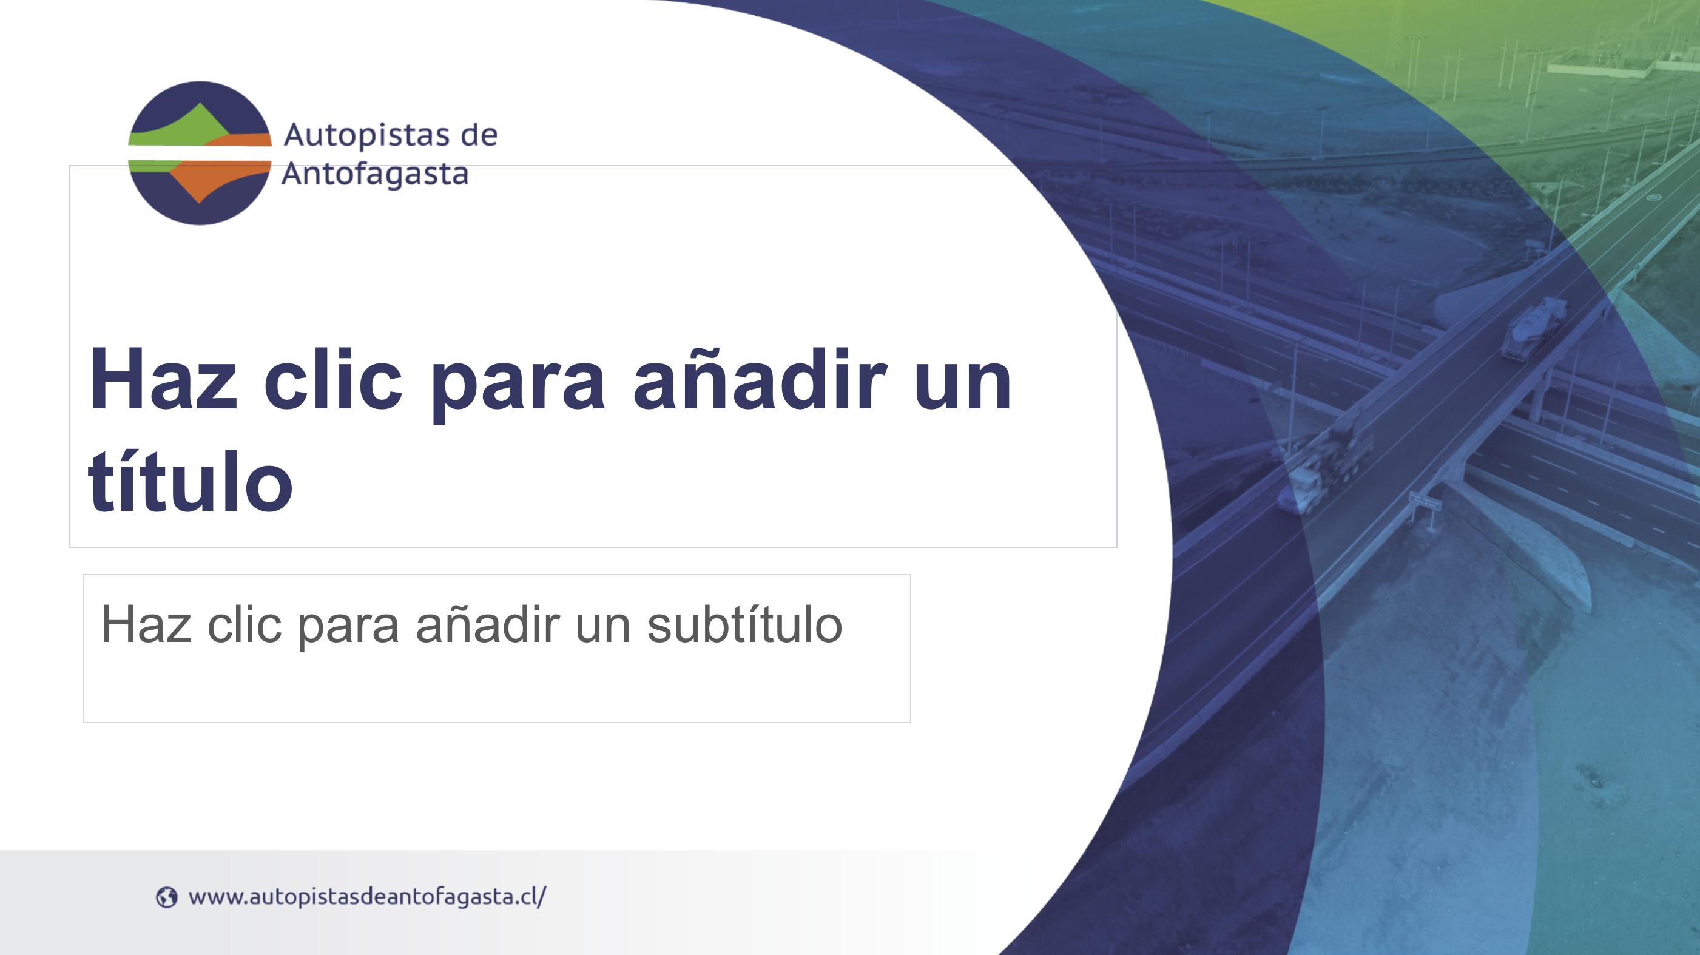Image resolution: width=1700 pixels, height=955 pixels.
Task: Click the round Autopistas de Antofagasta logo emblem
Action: pos(199,153)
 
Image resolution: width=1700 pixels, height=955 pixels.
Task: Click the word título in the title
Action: pos(190,479)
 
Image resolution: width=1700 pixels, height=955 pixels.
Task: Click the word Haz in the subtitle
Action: pos(146,624)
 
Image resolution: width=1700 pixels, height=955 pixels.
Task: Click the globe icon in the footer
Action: pos(166,897)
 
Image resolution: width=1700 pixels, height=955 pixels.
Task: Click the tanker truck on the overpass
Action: pos(1533,328)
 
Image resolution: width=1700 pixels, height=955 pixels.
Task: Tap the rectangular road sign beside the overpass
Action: pos(1424,501)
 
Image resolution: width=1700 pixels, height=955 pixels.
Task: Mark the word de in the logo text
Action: pos(479,135)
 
